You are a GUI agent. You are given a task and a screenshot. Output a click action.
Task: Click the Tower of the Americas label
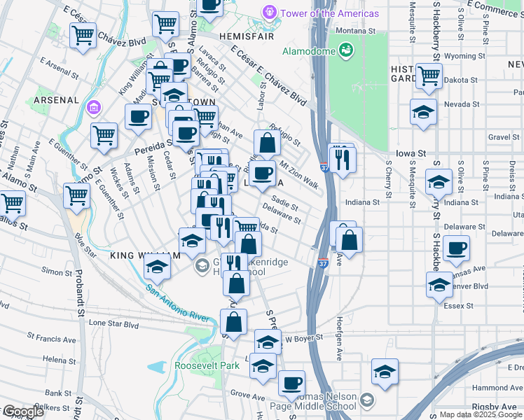[x=329, y=13]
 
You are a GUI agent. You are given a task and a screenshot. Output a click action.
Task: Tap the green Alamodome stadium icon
[x=345, y=50]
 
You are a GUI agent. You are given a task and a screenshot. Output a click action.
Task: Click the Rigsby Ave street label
[x=499, y=406]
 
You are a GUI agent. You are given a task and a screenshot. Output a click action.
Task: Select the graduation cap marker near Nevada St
[x=424, y=113]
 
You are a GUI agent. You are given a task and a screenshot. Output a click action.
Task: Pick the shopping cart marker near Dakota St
[x=429, y=76]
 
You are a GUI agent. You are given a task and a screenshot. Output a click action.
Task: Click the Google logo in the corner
[x=22, y=412]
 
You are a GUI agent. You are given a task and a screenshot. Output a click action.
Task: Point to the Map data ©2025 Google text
[x=480, y=414]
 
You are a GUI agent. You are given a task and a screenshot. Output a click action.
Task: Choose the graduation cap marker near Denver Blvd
[x=439, y=285]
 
